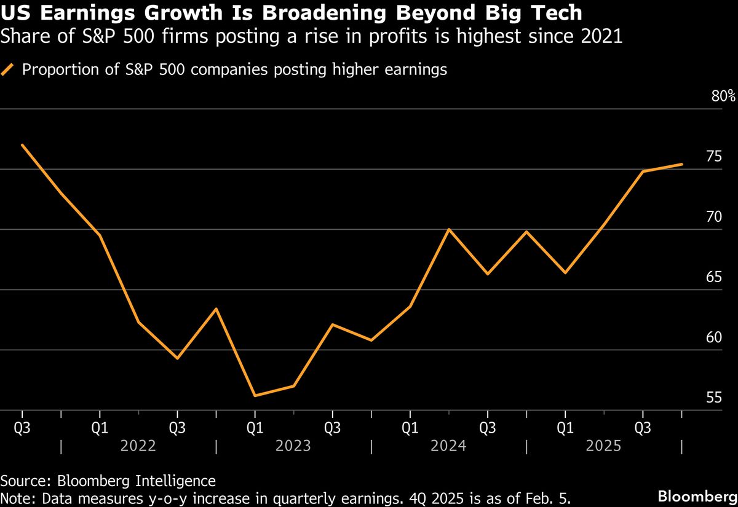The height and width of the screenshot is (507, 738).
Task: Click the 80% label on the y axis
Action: coord(723,96)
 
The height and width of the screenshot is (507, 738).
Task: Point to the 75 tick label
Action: coord(713,157)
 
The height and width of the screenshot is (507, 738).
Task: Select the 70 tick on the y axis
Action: coord(713,217)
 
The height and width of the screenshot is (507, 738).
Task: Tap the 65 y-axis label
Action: coord(713,277)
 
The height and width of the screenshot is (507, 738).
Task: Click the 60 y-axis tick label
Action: coord(713,337)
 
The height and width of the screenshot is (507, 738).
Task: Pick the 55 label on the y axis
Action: coord(713,398)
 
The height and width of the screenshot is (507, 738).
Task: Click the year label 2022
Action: coord(138,445)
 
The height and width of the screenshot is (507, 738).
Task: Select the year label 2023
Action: coord(293,445)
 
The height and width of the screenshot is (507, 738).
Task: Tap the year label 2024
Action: coord(448,445)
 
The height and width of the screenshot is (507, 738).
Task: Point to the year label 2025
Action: coord(603,445)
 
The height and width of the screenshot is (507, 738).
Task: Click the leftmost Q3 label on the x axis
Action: coord(22,426)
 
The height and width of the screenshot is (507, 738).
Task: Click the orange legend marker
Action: coord(9,70)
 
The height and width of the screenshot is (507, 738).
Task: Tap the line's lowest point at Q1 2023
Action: coord(255,396)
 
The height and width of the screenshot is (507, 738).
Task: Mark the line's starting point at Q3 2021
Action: coord(22,145)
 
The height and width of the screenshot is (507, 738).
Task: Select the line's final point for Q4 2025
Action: coord(681,164)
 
